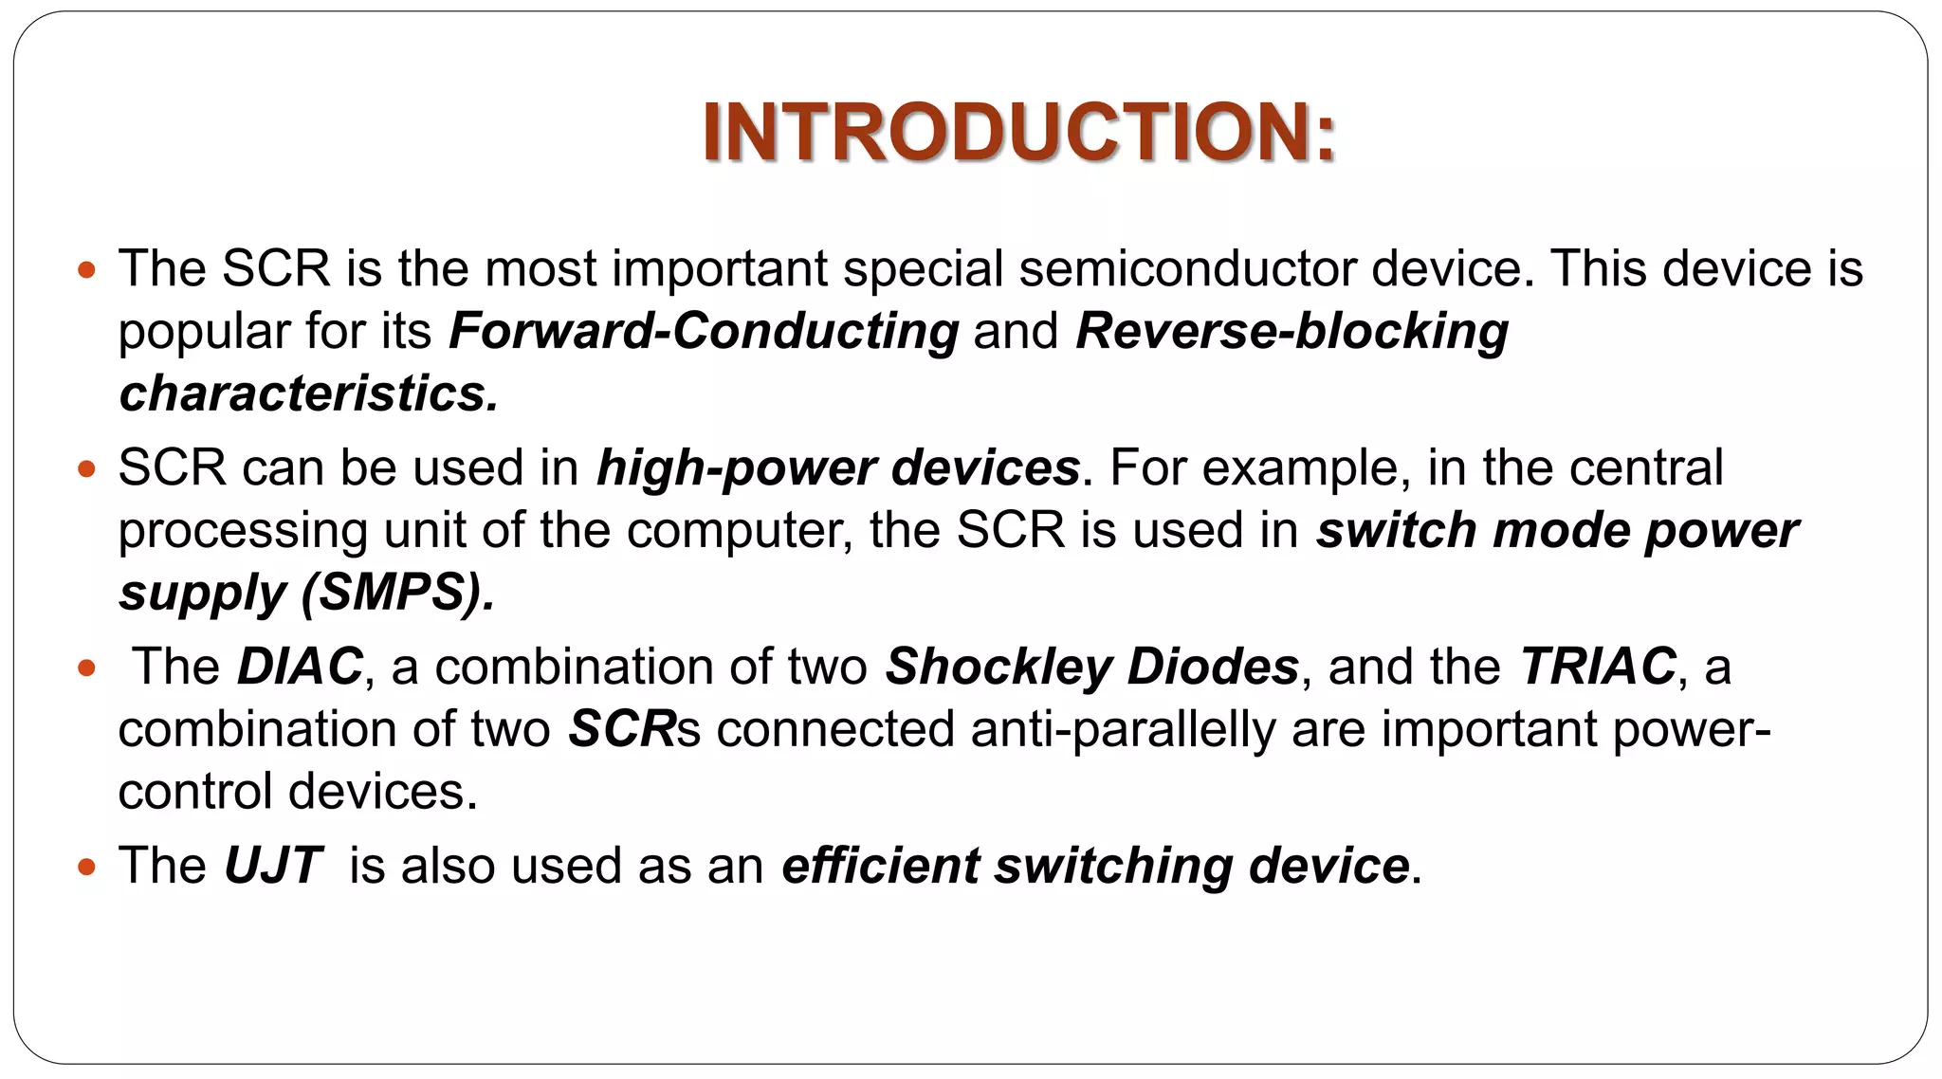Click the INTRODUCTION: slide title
click(1019, 133)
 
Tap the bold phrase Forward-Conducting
click(704, 332)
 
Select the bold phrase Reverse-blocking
click(1292, 332)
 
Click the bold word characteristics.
click(307, 394)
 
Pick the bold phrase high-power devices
click(838, 468)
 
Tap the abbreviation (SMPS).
click(397, 594)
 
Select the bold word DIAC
click(300, 667)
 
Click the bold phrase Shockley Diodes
click(1091, 667)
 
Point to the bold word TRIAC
click(1598, 667)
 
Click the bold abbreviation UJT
click(273, 866)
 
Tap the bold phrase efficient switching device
click(1095, 866)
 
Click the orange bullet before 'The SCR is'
click(87, 270)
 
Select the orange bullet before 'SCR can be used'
click(87, 469)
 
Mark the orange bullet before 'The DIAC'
click(87, 668)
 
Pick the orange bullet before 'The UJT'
click(87, 867)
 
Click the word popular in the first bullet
click(204, 333)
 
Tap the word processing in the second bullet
click(243, 532)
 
